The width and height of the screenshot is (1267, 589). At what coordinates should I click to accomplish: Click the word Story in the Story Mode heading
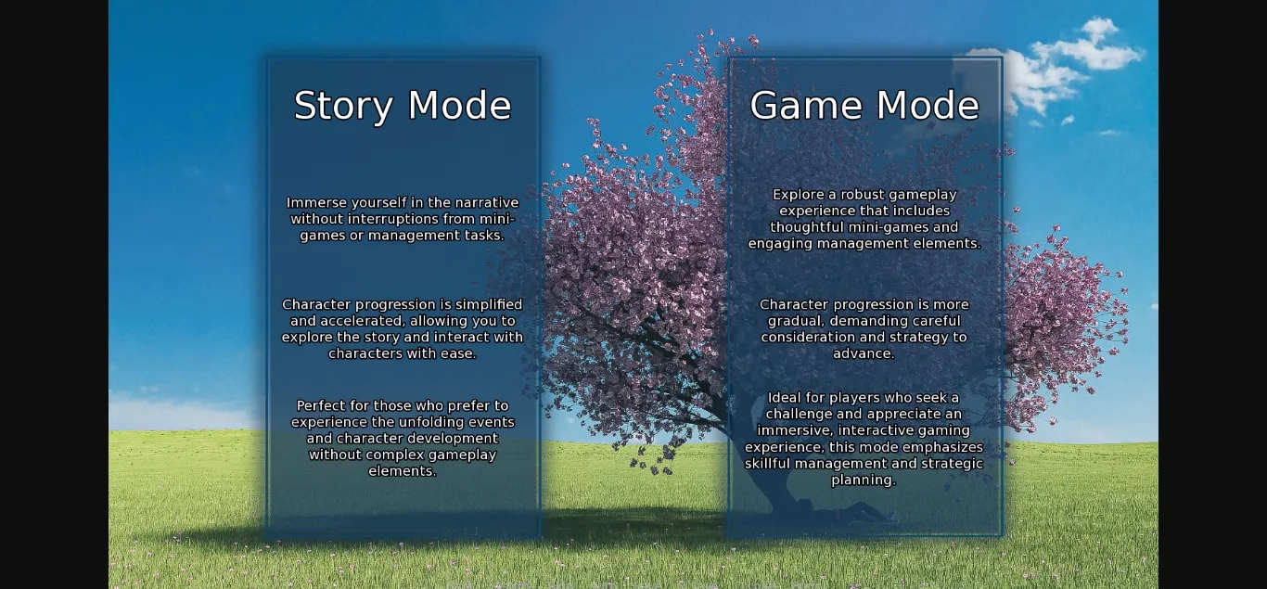coord(343,107)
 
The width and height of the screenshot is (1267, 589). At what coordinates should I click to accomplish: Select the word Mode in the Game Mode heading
coord(928,105)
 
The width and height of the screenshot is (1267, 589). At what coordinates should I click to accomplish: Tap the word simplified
coord(489,304)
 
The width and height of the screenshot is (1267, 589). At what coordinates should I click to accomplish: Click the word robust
coord(866,195)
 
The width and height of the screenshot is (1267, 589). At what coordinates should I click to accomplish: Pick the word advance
coord(864,353)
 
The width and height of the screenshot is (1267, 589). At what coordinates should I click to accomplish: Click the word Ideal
coord(784,398)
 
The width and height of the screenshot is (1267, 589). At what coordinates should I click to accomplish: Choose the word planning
coord(864,480)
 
